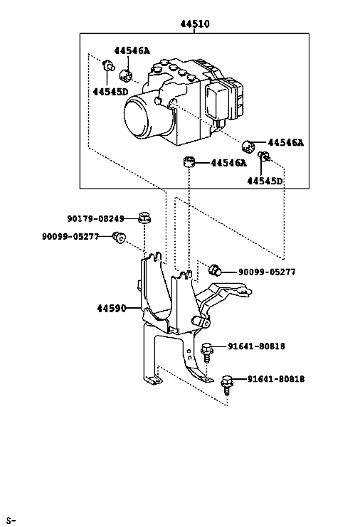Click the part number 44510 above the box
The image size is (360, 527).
pyautogui.click(x=195, y=24)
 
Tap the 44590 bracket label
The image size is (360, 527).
pyautogui.click(x=112, y=308)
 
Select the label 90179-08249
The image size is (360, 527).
pyautogui.click(x=95, y=219)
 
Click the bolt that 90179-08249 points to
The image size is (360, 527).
pyautogui.click(x=144, y=218)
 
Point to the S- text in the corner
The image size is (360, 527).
pyautogui.click(x=11, y=521)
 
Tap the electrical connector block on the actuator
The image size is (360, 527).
pyautogui.click(x=225, y=100)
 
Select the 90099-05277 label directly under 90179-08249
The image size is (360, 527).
pyautogui.click(x=70, y=237)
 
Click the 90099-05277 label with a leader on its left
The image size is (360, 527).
pyautogui.click(x=267, y=272)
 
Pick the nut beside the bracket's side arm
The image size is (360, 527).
pyautogui.click(x=215, y=270)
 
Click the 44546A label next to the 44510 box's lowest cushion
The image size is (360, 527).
pyautogui.click(x=228, y=163)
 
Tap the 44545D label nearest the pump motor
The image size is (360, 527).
pyautogui.click(x=110, y=92)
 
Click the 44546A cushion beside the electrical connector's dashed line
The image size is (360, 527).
pyautogui.click(x=248, y=145)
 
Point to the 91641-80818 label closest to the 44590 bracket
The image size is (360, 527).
pyautogui.click(x=256, y=346)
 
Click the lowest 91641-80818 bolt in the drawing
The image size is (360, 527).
pyautogui.click(x=227, y=384)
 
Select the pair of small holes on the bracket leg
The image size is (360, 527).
pyautogui.click(x=189, y=354)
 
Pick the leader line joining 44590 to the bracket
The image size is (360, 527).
pyautogui.click(x=134, y=308)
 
